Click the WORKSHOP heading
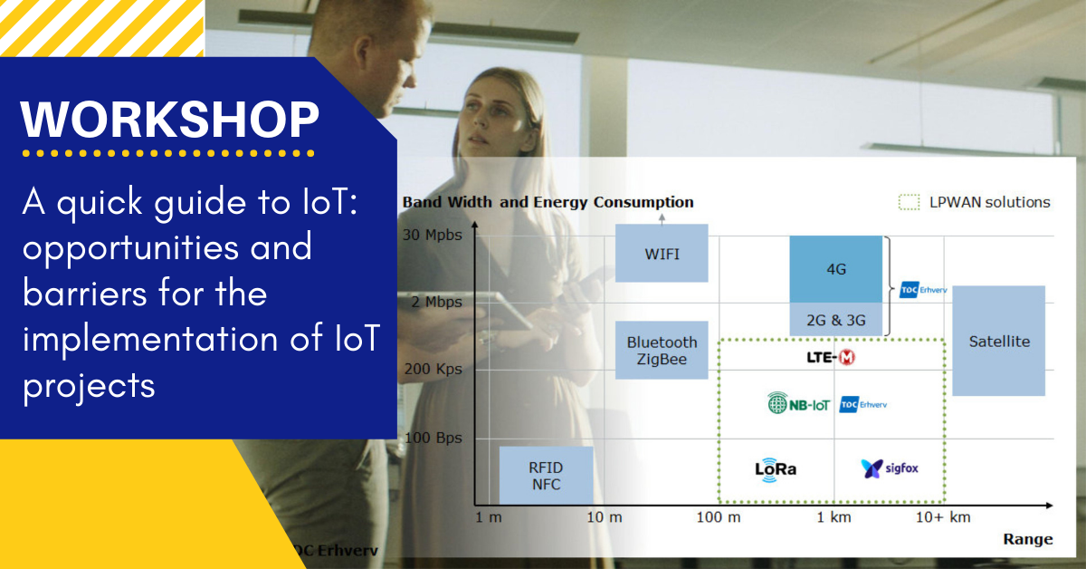tap(170, 120)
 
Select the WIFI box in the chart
tap(662, 253)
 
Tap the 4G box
tap(836, 269)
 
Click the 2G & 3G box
tap(836, 320)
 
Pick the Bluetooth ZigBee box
tap(662, 350)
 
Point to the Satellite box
tap(999, 341)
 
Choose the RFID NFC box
tap(546, 476)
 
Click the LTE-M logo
tap(831, 358)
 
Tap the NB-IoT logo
tap(798, 403)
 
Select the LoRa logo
tap(776, 469)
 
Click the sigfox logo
tap(889, 468)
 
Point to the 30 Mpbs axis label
tap(433, 235)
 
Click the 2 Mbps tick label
tap(437, 302)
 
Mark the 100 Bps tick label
tap(433, 438)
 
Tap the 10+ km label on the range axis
tap(943, 517)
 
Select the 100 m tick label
tap(719, 517)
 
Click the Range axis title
tap(1028, 539)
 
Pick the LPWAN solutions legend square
tap(909, 202)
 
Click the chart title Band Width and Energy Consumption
tap(548, 202)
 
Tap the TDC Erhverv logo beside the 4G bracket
tap(923, 290)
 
